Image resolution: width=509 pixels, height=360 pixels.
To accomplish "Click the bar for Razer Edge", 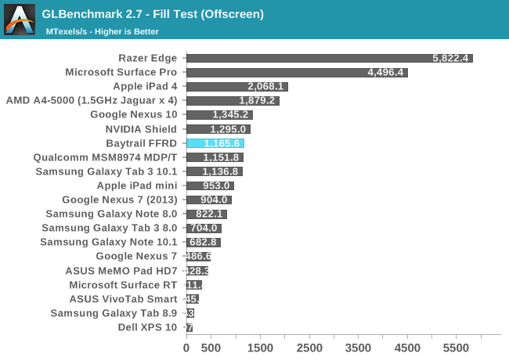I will click(x=329, y=58).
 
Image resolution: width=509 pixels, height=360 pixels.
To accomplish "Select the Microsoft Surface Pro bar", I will click(x=297, y=72).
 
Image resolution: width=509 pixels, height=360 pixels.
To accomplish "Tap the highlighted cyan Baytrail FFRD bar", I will click(x=215, y=143).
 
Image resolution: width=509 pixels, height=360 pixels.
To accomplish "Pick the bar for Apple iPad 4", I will click(x=237, y=86).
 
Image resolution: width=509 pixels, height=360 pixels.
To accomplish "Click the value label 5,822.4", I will click(x=450, y=58).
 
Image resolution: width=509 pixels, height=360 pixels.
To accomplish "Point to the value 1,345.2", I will click(x=230, y=115).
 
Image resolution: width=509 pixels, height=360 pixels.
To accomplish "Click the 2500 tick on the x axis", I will click(x=309, y=347).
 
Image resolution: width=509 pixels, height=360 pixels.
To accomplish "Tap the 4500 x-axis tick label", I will click(x=408, y=347).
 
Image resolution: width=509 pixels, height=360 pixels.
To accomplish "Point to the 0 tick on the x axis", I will click(x=186, y=347).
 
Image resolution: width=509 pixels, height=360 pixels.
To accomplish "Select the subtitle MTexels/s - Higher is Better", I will click(x=102, y=31).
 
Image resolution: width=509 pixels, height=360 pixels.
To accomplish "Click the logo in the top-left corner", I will click(x=18, y=20).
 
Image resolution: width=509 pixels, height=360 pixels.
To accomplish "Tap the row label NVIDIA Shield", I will click(x=141, y=129).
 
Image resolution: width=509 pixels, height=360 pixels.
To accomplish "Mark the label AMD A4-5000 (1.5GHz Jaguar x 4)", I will click(x=92, y=100).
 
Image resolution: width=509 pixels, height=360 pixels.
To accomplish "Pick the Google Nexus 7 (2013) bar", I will click(x=209, y=200).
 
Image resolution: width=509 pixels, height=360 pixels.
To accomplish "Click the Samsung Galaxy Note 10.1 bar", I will click(x=204, y=243).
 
